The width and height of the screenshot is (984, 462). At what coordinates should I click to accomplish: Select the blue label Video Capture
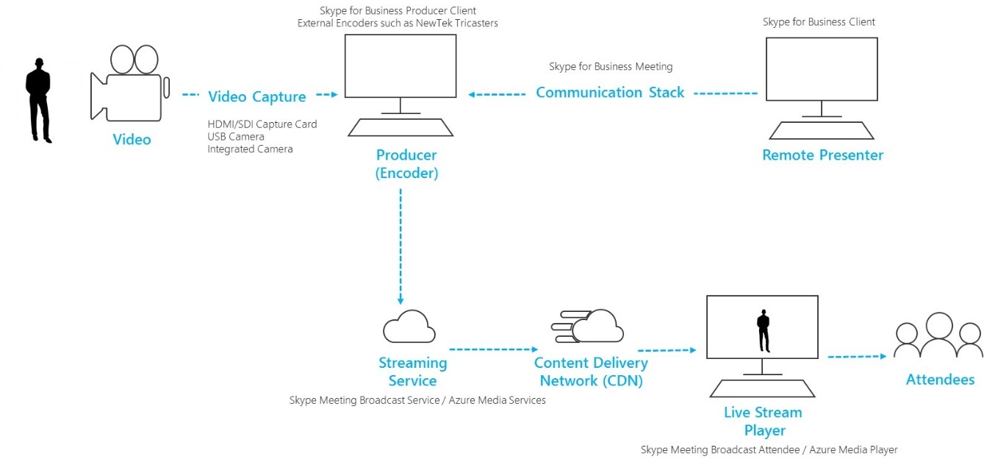coord(256,96)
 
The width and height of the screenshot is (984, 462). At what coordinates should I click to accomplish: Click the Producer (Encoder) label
coord(406,164)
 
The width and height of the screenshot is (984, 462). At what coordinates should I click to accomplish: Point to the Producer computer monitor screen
coord(401,66)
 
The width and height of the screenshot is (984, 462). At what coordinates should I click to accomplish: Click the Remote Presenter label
coord(822,155)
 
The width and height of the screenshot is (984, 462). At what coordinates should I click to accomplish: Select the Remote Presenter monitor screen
coord(821,69)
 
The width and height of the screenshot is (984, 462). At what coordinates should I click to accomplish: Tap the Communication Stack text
coord(609,93)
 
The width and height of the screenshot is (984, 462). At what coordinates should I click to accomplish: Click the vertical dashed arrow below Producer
coord(401,246)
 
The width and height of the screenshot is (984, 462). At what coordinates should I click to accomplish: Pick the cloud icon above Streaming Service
coord(409,327)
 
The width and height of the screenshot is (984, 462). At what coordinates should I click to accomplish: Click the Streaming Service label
coord(412,372)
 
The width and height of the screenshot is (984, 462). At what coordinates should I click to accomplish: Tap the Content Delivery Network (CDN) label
coord(590,372)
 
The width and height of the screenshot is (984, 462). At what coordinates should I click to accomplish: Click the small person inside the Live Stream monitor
coord(763,331)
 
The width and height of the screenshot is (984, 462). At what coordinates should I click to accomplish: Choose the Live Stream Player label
coord(762,421)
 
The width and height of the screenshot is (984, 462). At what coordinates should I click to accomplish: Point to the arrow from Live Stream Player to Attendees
coord(857,357)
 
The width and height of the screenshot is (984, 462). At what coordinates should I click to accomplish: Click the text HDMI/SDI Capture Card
coord(262,124)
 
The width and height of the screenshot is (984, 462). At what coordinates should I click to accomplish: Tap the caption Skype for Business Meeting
coord(610,67)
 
